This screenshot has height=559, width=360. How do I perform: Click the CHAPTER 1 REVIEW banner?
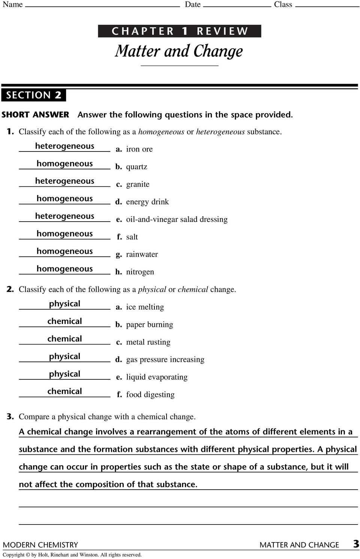pyautogui.click(x=180, y=31)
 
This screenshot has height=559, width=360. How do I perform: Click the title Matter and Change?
pyautogui.click(x=179, y=51)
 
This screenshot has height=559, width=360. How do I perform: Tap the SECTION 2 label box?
pyautogui.click(x=33, y=95)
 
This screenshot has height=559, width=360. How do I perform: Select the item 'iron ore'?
pyautogui.click(x=139, y=149)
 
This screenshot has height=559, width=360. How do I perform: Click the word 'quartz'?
pyautogui.click(x=136, y=167)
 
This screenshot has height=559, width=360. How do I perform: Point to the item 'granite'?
pyautogui.click(x=138, y=184)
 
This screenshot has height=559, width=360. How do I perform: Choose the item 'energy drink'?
pyautogui.click(x=147, y=202)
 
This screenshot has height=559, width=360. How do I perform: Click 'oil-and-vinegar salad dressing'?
pyautogui.click(x=177, y=219)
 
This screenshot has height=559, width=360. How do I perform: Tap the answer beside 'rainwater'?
pyautogui.click(x=64, y=251)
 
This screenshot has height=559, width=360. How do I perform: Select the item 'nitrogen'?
pyautogui.click(x=140, y=272)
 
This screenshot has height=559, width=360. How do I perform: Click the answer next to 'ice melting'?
pyautogui.click(x=64, y=304)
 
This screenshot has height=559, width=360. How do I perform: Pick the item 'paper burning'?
pyautogui.click(x=149, y=325)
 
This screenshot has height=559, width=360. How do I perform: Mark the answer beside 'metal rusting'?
pyautogui.click(x=64, y=339)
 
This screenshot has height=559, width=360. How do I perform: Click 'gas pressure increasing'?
pyautogui.click(x=165, y=360)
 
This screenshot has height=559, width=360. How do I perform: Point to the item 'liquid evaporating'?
pyautogui.click(x=157, y=377)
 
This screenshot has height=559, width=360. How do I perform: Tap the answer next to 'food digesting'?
pyautogui.click(x=64, y=391)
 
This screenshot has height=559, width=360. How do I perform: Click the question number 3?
pyautogui.click(x=10, y=417)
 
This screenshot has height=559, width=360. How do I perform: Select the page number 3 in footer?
pyautogui.click(x=355, y=544)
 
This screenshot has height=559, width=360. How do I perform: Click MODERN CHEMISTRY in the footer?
pyautogui.click(x=40, y=545)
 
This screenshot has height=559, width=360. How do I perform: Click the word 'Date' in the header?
pyautogui.click(x=192, y=4)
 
